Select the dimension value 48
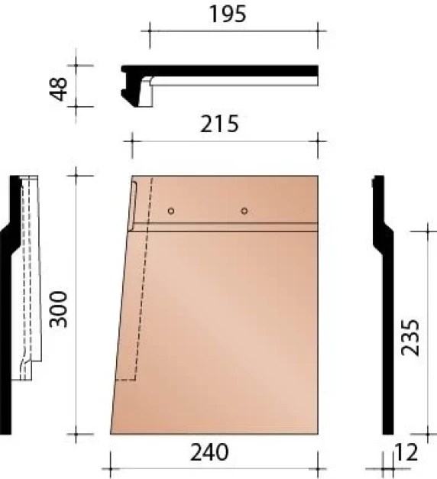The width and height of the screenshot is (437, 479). tap(60, 86)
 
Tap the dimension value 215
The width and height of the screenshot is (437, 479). tap(220, 123)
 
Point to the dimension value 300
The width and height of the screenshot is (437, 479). tap(60, 308)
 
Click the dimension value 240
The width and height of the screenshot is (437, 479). tap(209, 453)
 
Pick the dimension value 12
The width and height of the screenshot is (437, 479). tap(408, 453)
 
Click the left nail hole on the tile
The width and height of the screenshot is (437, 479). tap(172, 211)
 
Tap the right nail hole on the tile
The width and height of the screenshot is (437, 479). tap(244, 211)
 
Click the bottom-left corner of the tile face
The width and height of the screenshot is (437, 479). tap(112, 433)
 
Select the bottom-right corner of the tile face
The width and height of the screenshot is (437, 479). tap(317, 433)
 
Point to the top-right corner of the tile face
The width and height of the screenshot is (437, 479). tap(317, 176)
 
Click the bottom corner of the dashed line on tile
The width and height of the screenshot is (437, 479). tap(134, 379)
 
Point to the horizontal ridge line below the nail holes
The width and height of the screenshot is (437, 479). tap(229, 225)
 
